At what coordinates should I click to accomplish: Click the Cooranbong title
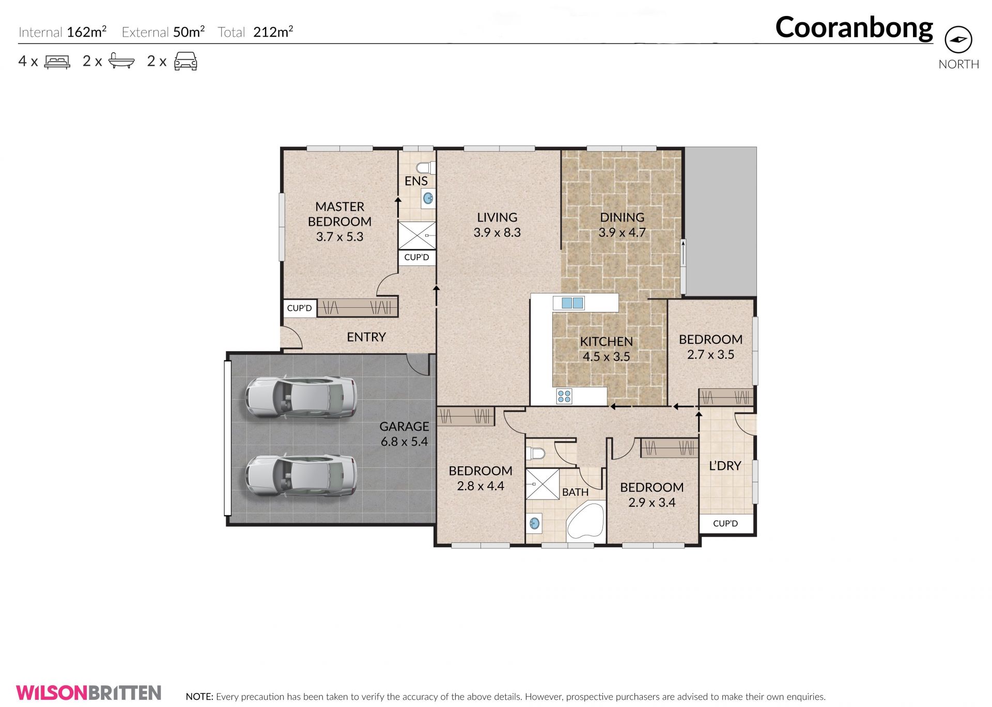(x=854, y=27)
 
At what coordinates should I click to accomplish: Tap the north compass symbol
(x=958, y=40)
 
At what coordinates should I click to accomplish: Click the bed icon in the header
(x=57, y=62)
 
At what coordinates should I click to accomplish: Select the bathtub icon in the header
(x=121, y=61)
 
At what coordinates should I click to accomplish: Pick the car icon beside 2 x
(x=185, y=61)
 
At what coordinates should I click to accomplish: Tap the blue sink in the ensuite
(x=428, y=198)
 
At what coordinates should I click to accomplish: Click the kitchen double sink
(x=572, y=303)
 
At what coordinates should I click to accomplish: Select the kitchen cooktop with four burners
(x=564, y=396)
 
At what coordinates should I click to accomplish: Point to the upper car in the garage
(x=301, y=397)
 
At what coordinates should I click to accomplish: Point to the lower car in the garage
(x=301, y=476)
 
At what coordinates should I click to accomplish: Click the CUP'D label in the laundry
(x=725, y=523)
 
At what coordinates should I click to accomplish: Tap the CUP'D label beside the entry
(x=300, y=308)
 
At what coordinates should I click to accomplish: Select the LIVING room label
(x=497, y=217)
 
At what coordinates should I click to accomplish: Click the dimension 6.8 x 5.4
(x=405, y=442)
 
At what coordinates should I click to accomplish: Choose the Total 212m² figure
(x=255, y=32)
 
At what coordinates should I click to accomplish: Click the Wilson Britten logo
(x=89, y=693)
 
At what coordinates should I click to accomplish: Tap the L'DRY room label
(x=725, y=466)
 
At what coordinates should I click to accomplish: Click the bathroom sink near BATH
(x=535, y=524)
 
